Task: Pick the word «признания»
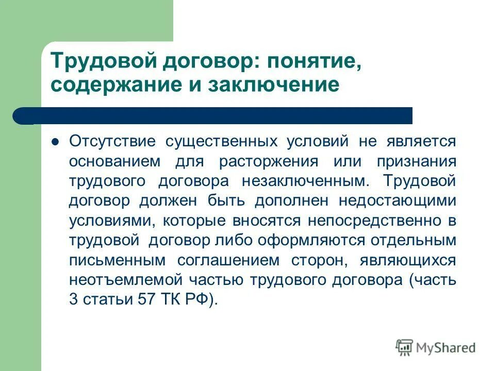pyautogui.click(x=417, y=161)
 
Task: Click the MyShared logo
pyautogui.click(x=436, y=347)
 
